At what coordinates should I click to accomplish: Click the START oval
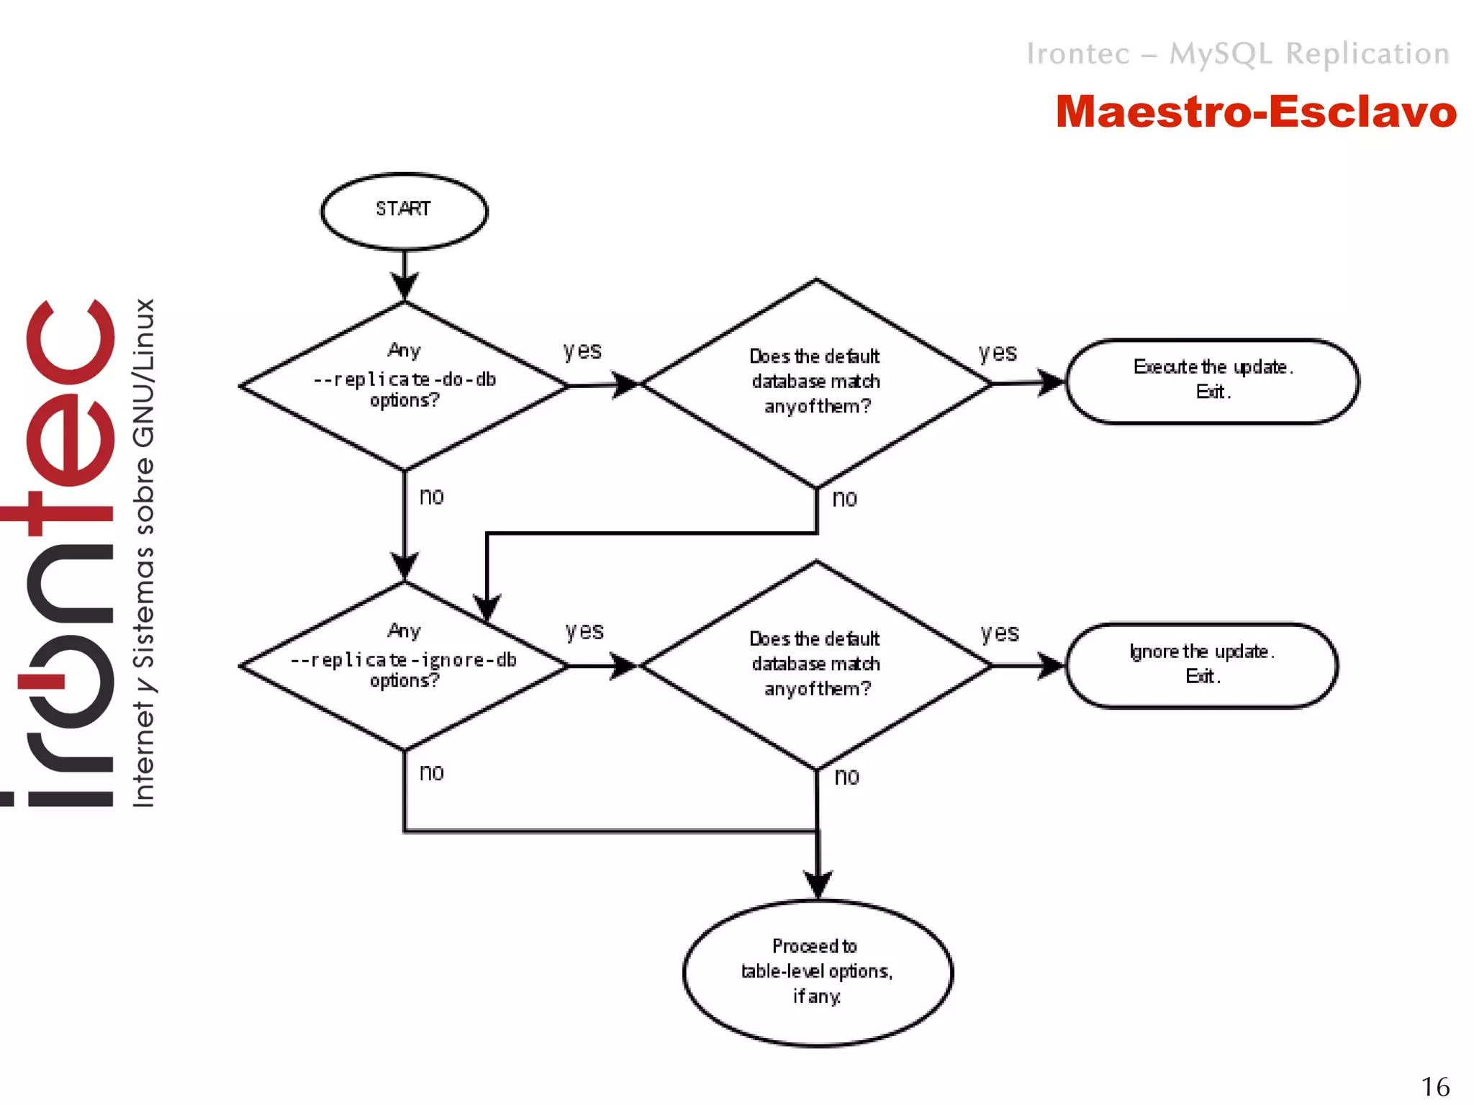pyautogui.click(x=404, y=211)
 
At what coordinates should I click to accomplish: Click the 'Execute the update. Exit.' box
pyautogui.click(x=1212, y=381)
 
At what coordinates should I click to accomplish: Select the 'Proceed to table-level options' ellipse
pyautogui.click(x=817, y=972)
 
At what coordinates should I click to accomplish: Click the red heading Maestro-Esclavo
pyautogui.click(x=1255, y=112)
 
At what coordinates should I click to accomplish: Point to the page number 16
pyautogui.click(x=1434, y=1086)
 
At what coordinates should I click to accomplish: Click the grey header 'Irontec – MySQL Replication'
pyautogui.click(x=1237, y=54)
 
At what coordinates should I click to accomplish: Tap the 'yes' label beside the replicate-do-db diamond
pyautogui.click(x=582, y=351)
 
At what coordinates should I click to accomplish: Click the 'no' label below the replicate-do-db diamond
pyautogui.click(x=432, y=497)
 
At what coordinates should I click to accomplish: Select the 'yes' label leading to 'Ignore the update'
pyautogui.click(x=1000, y=633)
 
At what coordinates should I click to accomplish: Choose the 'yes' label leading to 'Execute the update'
pyautogui.click(x=998, y=353)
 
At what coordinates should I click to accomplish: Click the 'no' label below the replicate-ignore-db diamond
pyautogui.click(x=432, y=773)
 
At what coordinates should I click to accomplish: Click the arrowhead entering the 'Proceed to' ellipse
pyautogui.click(x=818, y=884)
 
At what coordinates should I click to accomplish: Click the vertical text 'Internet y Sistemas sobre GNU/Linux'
pyautogui.click(x=144, y=553)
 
